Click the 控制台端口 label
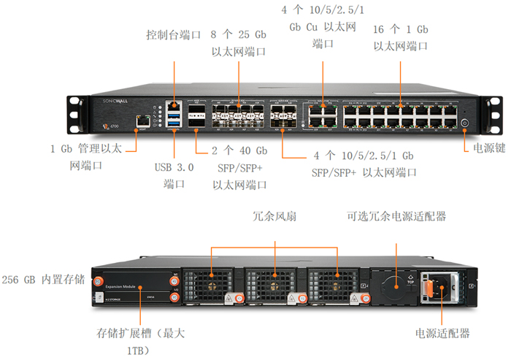[173, 35]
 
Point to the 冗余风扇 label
[274, 217]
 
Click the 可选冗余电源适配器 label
[396, 217]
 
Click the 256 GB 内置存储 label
[43, 280]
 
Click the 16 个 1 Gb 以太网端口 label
[400, 38]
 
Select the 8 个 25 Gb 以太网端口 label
[238, 43]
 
